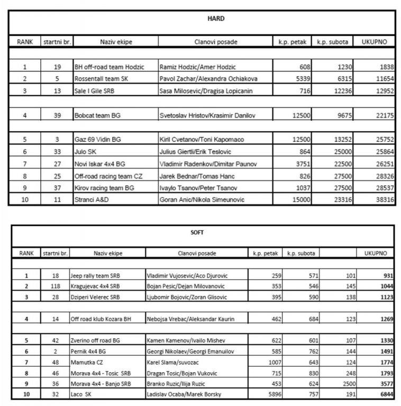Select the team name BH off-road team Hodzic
[107, 67]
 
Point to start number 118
[55, 286]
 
